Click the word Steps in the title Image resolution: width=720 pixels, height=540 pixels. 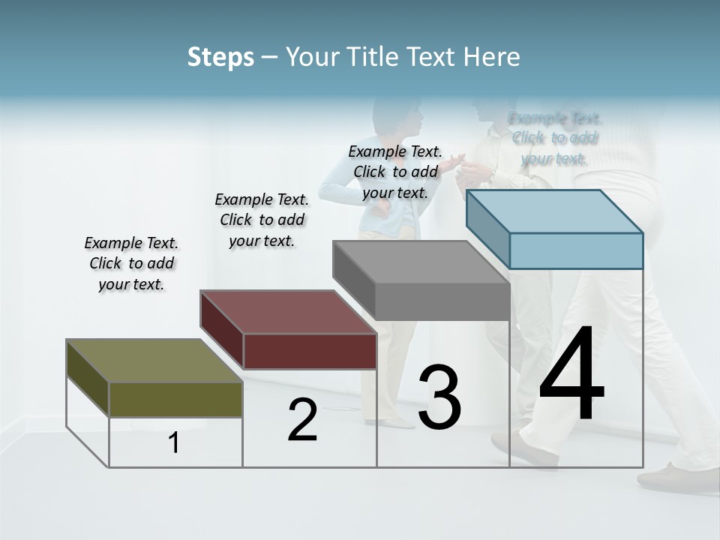click(x=220, y=57)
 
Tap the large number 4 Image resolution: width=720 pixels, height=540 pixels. click(x=571, y=376)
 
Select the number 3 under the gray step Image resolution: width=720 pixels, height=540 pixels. click(x=439, y=397)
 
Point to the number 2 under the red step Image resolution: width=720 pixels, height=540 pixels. click(x=302, y=420)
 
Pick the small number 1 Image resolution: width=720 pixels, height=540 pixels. click(x=174, y=443)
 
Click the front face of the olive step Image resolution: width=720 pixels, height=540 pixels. click(x=175, y=399)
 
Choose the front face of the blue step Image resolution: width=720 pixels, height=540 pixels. click(x=576, y=250)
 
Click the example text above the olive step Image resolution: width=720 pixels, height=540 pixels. click(x=131, y=263)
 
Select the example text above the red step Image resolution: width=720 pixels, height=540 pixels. click(x=262, y=220)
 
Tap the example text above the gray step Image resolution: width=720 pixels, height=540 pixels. click(x=394, y=172)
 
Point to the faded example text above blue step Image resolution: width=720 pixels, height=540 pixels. click(x=554, y=138)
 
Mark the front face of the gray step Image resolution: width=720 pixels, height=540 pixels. click(x=442, y=301)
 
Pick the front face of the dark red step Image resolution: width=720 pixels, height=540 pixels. click(x=310, y=351)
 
